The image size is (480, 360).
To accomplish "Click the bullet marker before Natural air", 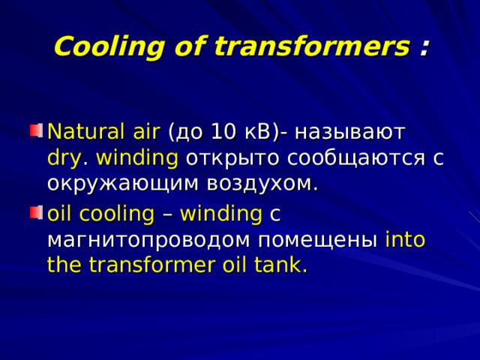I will [x=35, y=132].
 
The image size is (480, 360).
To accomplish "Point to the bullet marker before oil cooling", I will [x=35, y=214].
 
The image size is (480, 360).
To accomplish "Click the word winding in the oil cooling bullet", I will [x=220, y=214].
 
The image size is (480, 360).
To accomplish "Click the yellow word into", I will [x=405, y=240].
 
